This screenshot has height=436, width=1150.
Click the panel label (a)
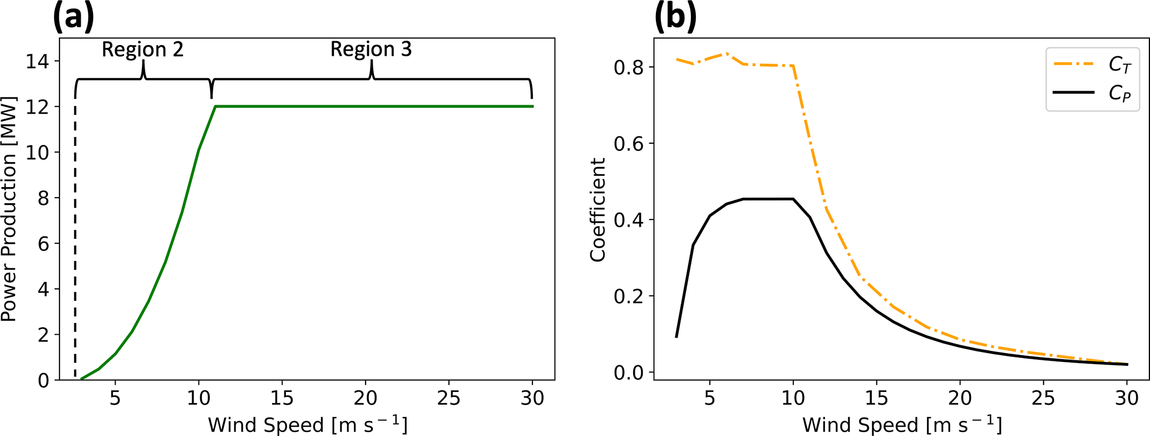coord(73,17)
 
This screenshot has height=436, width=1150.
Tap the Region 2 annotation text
coord(142,50)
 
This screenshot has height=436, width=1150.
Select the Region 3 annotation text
coord(371,50)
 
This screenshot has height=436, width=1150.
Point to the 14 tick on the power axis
coord(36,61)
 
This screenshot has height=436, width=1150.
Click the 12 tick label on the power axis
coord(36,107)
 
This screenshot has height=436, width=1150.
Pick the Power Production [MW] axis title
coord(9,209)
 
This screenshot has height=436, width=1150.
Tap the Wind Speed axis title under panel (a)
coord(308,425)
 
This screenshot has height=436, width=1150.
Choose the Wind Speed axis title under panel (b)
coord(902,425)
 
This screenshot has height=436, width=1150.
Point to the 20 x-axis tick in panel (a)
coord(366,398)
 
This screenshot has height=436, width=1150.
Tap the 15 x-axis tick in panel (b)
coord(876,398)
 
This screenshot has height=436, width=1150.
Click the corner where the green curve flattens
coord(215,106)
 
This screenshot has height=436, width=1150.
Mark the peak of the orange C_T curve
coord(726,53)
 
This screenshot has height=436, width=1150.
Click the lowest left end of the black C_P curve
coord(677,336)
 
